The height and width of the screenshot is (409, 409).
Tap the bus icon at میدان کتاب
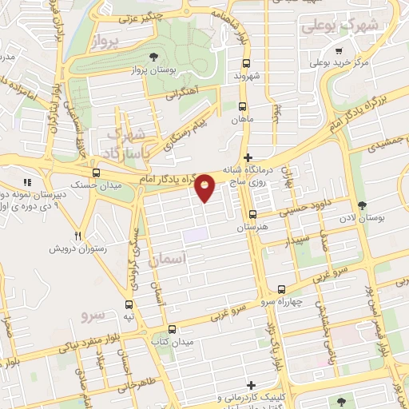click(x=172, y=328)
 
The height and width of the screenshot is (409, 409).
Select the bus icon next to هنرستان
click(x=252, y=214)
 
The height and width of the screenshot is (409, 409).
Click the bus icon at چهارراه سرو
click(x=280, y=289)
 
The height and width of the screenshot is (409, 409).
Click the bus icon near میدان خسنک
click(x=97, y=173)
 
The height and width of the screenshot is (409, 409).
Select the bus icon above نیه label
click(x=129, y=304)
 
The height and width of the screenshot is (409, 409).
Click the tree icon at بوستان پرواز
click(x=153, y=56)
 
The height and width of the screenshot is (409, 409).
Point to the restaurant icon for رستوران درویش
click(x=77, y=236)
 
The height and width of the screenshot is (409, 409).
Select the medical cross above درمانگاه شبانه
click(x=248, y=157)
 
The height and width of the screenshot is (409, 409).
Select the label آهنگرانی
click(x=181, y=93)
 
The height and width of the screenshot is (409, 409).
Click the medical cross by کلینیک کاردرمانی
click(x=252, y=384)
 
